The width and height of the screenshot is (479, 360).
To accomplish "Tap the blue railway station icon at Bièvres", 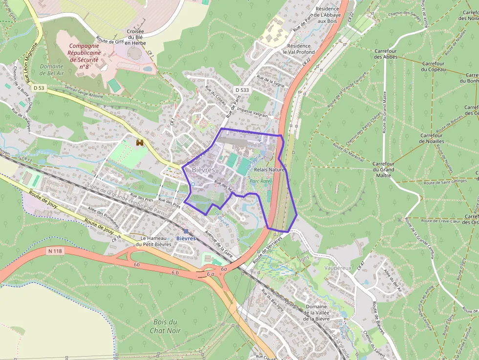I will pyautogui.click(x=186, y=231).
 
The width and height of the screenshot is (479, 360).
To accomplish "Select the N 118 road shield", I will pyautogui.click(x=56, y=251).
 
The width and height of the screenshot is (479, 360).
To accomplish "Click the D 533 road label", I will pyautogui.click(x=241, y=90).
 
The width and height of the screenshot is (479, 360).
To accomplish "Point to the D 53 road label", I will pyautogui.click(x=39, y=88).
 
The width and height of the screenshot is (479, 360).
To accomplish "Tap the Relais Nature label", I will pyautogui.click(x=269, y=169).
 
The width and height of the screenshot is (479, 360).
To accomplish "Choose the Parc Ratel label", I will pyautogui.click(x=260, y=181).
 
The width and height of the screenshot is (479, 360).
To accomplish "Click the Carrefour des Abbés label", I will pyautogui.click(x=386, y=54).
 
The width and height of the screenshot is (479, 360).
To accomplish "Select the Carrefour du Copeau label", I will pyautogui.click(x=433, y=66).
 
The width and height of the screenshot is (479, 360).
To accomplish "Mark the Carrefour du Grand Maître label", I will pyautogui.click(x=383, y=169).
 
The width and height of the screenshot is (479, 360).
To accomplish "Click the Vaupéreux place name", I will pyautogui.click(x=338, y=268).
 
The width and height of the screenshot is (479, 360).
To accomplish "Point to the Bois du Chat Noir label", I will pyautogui.click(x=166, y=326).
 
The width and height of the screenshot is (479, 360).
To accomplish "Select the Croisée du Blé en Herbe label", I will pyautogui.click(x=136, y=37).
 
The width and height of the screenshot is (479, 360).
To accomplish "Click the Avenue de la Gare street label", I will pyautogui.click(x=221, y=244).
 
